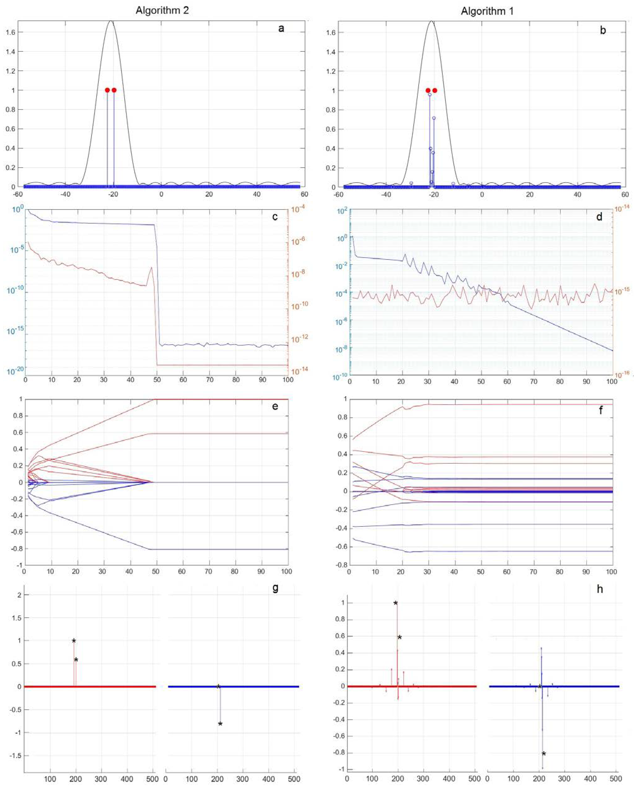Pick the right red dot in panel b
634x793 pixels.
[435, 90]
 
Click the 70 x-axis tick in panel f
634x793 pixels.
[534, 572]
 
